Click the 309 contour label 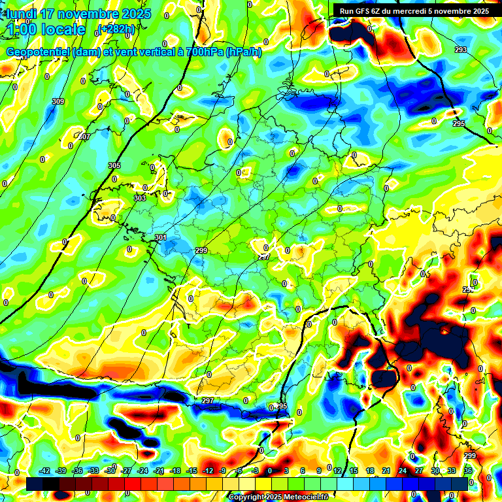click(x=58, y=101)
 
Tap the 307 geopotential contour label click(x=84, y=137)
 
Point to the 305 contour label click(x=114, y=165)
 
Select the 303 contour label click(x=140, y=198)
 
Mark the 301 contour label click(x=161, y=237)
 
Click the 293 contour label click(x=461, y=50)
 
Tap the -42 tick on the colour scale click(x=44, y=471)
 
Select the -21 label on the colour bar click(x=159, y=471)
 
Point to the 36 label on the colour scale click(x=467, y=471)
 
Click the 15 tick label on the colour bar click(x=353, y=471)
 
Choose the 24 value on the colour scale click(x=402, y=471)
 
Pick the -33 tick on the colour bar click(x=93, y=471)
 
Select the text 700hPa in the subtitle click(x=200, y=52)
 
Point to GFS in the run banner click(x=361, y=11)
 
